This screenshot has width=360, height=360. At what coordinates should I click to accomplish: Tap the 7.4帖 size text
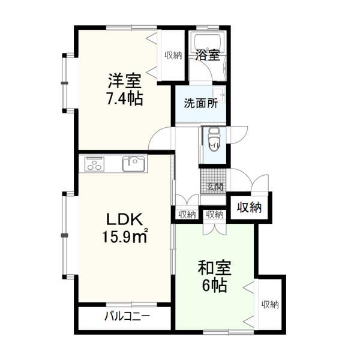(124, 98)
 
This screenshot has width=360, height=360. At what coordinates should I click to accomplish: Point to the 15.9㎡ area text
(124, 238)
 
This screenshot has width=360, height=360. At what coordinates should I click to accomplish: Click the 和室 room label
(215, 267)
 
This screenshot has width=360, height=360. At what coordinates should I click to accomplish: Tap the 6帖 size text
(214, 286)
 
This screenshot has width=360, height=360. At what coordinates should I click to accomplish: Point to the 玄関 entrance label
(214, 187)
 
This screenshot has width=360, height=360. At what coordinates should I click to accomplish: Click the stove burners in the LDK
(96, 163)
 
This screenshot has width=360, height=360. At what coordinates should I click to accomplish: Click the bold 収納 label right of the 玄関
(248, 208)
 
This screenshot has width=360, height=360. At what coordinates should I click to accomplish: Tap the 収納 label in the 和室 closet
(270, 305)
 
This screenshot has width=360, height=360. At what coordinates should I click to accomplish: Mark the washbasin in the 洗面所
(220, 94)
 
